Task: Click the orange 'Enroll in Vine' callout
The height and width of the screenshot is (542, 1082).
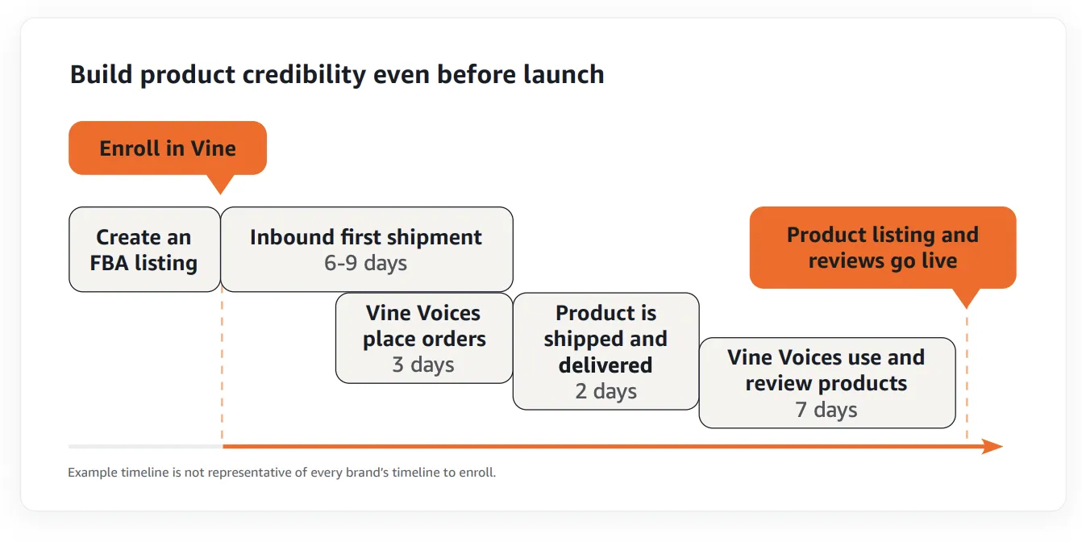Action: (168, 148)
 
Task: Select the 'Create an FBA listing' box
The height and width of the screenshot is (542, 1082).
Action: (144, 249)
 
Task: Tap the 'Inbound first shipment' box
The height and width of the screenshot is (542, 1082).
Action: (367, 249)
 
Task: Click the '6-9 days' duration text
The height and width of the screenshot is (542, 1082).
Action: (366, 263)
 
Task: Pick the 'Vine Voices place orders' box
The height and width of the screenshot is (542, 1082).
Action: (424, 338)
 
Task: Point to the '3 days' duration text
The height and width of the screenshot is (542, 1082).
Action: (423, 365)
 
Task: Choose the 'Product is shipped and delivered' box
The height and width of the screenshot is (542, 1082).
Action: (606, 351)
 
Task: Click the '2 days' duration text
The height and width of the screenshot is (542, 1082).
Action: (606, 391)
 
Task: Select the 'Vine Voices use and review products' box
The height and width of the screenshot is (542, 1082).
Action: (827, 383)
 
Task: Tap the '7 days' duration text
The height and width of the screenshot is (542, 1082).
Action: (826, 410)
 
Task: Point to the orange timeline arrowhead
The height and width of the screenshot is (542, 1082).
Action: (993, 446)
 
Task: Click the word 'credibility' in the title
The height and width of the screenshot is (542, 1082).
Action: (304, 75)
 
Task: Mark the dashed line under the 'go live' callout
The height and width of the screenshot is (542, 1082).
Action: (967, 377)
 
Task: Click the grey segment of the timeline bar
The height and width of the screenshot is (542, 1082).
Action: (145, 446)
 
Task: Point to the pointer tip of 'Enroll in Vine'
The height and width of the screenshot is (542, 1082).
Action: (220, 194)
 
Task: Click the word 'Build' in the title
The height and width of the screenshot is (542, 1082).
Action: (101, 75)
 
